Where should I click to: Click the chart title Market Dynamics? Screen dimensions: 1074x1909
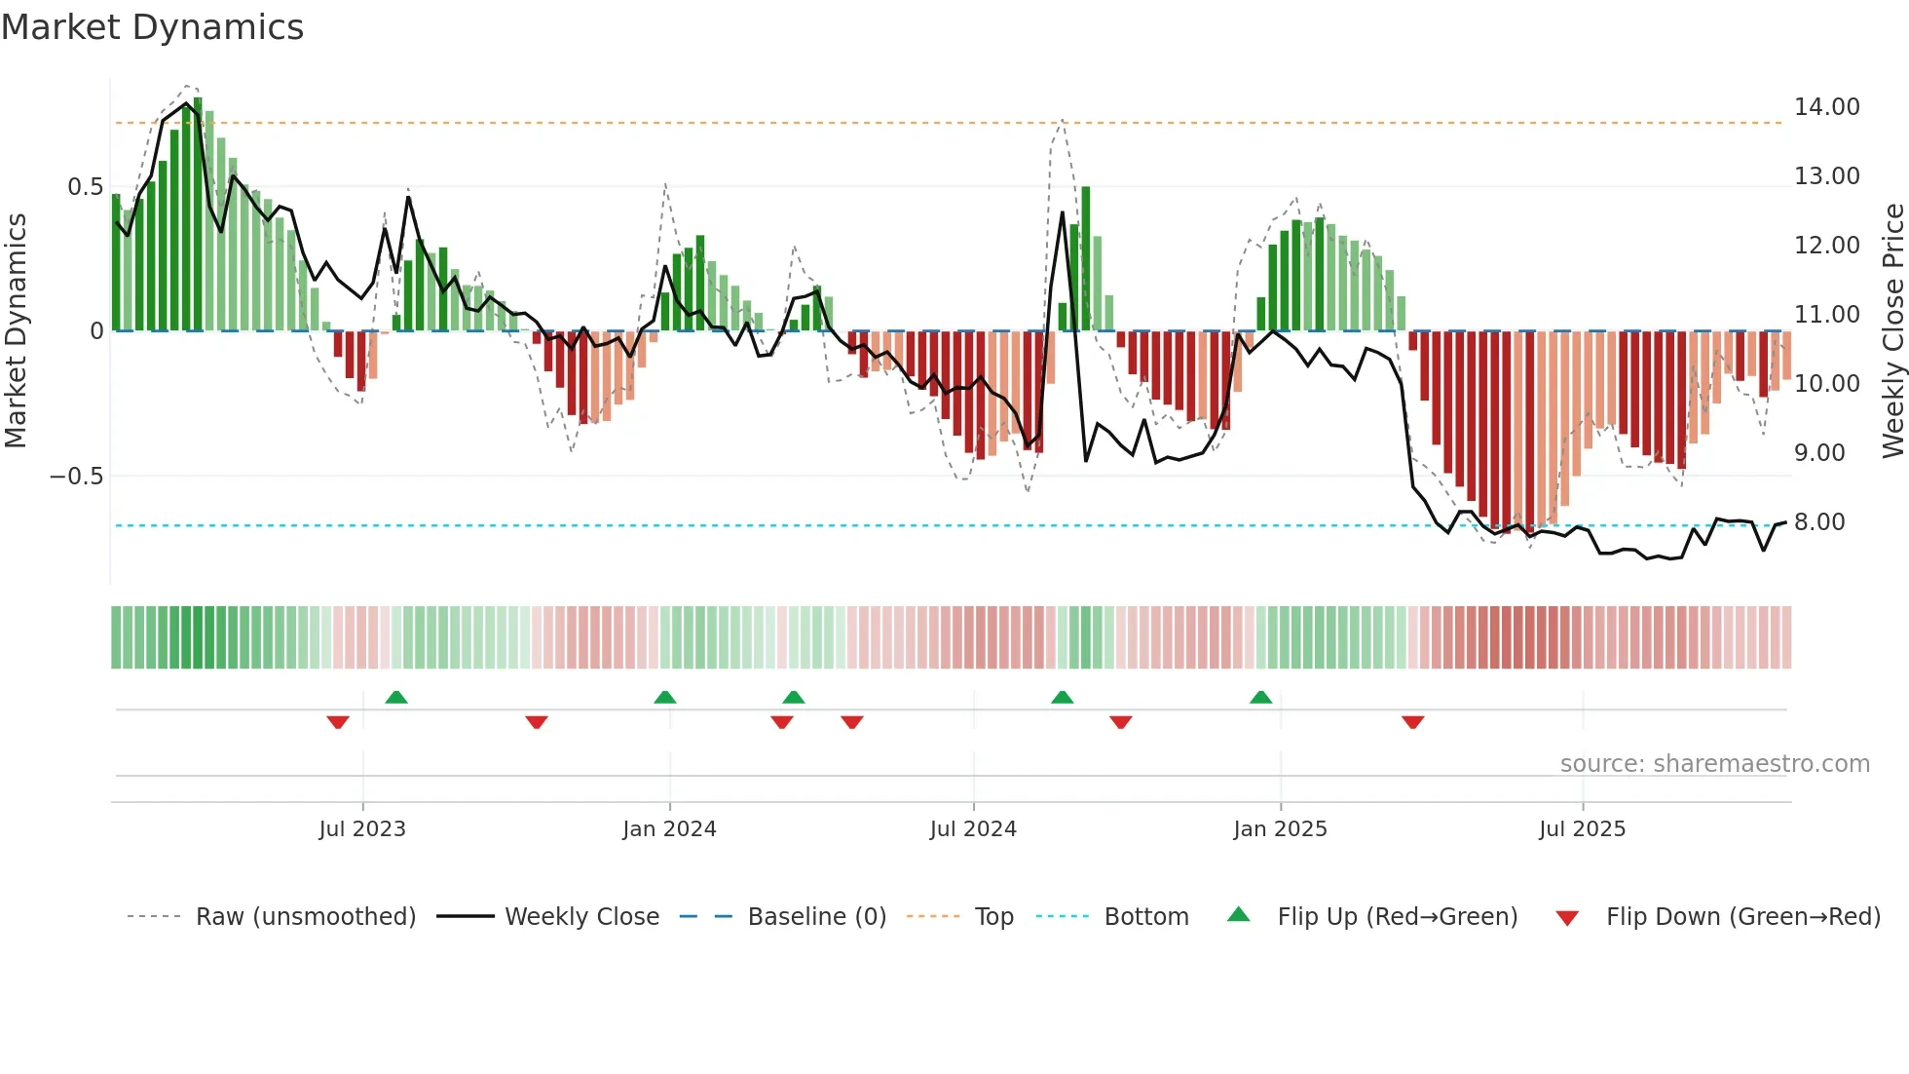(152, 27)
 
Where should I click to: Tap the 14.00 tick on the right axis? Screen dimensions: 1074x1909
(1826, 107)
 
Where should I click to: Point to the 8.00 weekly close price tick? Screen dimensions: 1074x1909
(1818, 522)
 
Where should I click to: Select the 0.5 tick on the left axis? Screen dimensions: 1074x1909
(85, 187)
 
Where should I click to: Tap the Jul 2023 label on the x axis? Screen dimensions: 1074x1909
(361, 829)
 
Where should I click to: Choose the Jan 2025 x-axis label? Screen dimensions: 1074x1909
(1279, 829)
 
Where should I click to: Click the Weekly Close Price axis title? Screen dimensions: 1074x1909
(1892, 331)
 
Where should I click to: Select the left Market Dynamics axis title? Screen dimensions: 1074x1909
(16, 331)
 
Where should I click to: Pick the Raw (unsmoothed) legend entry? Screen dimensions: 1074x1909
(305, 917)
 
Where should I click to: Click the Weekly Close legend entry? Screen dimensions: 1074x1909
(581, 917)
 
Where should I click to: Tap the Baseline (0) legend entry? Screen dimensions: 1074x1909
(816, 917)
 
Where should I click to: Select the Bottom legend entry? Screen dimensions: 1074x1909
(1145, 917)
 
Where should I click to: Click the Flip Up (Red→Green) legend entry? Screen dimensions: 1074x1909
(1397, 917)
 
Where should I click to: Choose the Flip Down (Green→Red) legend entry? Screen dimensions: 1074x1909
(1742, 917)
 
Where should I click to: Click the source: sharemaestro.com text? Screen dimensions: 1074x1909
(1714, 764)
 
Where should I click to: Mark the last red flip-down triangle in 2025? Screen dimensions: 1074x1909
(1412, 722)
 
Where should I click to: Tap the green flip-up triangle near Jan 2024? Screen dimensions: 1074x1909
(665, 697)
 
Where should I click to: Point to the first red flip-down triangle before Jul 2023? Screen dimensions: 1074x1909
(338, 722)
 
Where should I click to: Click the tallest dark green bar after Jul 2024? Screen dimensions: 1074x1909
(1086, 258)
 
